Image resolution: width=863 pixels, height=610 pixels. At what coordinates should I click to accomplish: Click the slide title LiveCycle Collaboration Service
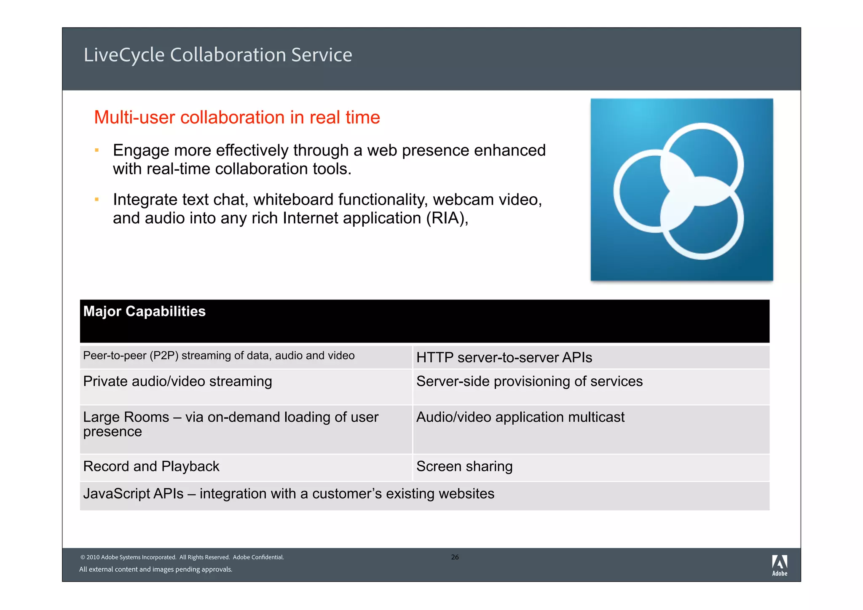[x=217, y=55]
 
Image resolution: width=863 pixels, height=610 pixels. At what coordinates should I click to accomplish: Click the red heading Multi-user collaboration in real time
[x=237, y=118]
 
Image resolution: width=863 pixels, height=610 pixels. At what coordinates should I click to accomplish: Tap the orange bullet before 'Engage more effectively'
[x=97, y=150]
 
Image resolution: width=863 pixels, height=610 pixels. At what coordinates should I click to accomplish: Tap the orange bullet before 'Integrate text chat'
[x=97, y=199]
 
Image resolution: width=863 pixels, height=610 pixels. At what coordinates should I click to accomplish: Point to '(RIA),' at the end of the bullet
[x=447, y=218]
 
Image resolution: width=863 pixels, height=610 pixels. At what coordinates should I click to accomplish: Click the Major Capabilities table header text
[x=145, y=311]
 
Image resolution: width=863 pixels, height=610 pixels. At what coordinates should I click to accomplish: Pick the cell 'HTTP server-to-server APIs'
[x=504, y=358]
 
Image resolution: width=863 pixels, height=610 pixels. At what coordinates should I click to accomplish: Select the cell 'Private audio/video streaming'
[x=177, y=381]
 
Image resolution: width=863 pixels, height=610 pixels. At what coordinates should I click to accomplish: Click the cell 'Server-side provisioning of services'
[x=529, y=381]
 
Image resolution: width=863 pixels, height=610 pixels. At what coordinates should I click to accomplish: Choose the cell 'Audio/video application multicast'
[x=520, y=417]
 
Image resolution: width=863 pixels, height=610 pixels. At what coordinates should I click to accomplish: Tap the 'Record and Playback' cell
[x=151, y=466]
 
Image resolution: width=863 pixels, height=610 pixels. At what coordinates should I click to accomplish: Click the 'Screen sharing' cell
[x=464, y=466]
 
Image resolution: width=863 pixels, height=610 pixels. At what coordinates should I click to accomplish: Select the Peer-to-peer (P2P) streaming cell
[x=219, y=356]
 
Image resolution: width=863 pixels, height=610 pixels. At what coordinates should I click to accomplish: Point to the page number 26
[x=455, y=557]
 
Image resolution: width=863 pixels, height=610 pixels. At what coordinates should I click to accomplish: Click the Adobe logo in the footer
[x=779, y=565]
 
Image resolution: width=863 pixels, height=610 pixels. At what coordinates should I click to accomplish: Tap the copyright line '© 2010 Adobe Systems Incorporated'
[x=182, y=557]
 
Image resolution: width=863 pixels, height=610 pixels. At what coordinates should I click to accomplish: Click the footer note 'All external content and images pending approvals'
[x=156, y=570]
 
